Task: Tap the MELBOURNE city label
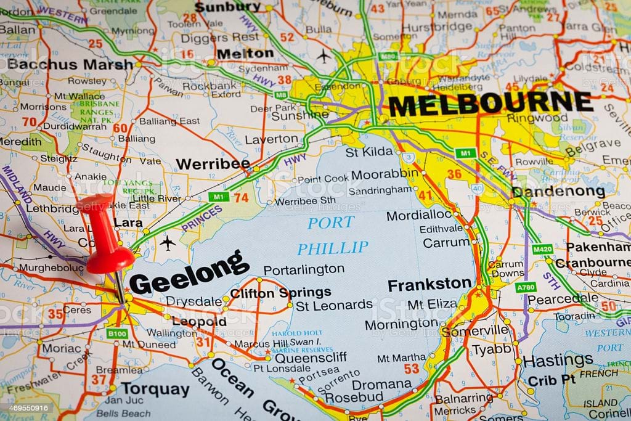pyautogui.click(x=490, y=104)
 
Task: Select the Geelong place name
pyautogui.click(x=189, y=272)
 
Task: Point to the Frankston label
pyautogui.click(x=429, y=284)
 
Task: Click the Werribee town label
pyautogui.click(x=213, y=164)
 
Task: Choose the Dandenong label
pyautogui.click(x=558, y=192)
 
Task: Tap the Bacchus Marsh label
pyautogui.click(x=70, y=64)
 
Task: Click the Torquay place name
pyautogui.click(x=155, y=389)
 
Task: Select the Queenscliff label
pyautogui.click(x=311, y=358)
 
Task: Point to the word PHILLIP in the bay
pyautogui.click(x=333, y=248)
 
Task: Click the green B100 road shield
pyautogui.click(x=116, y=333)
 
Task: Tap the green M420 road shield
pyautogui.click(x=542, y=249)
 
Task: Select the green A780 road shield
pyautogui.click(x=526, y=287)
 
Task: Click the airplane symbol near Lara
pyautogui.click(x=167, y=242)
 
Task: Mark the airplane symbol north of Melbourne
pyautogui.click(x=324, y=56)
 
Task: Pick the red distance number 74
pyautogui.click(x=241, y=198)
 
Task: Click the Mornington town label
pyautogui.click(x=401, y=324)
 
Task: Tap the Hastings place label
pyautogui.click(x=558, y=361)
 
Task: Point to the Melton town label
pyautogui.click(x=245, y=54)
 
